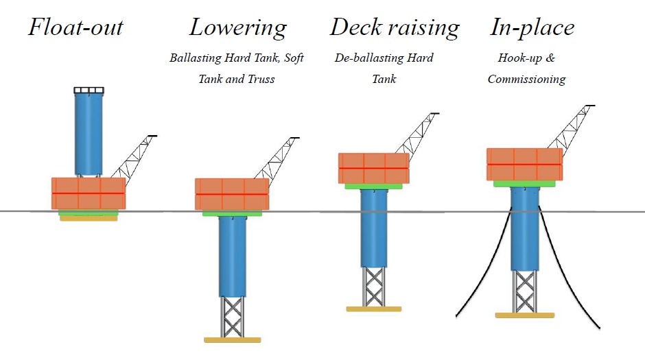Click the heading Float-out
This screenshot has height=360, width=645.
coord(75,27)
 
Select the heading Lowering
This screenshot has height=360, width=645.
coord(237,27)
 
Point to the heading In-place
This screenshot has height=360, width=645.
coord(532,27)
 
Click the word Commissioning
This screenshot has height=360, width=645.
coord(526,80)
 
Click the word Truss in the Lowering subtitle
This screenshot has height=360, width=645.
coord(260,80)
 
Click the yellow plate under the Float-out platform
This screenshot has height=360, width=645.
coord(88,219)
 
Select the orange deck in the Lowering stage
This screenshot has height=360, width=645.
coord(232,194)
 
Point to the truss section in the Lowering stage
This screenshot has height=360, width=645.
coord(233,315)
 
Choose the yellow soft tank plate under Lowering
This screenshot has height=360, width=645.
coord(233,339)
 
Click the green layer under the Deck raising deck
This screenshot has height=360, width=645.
coord(374,186)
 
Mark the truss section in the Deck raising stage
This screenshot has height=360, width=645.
coord(373,286)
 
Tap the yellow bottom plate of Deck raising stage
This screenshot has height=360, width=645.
coord(373,309)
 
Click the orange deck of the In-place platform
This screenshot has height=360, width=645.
coord(524,164)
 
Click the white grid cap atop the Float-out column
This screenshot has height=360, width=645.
coord(89,91)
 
